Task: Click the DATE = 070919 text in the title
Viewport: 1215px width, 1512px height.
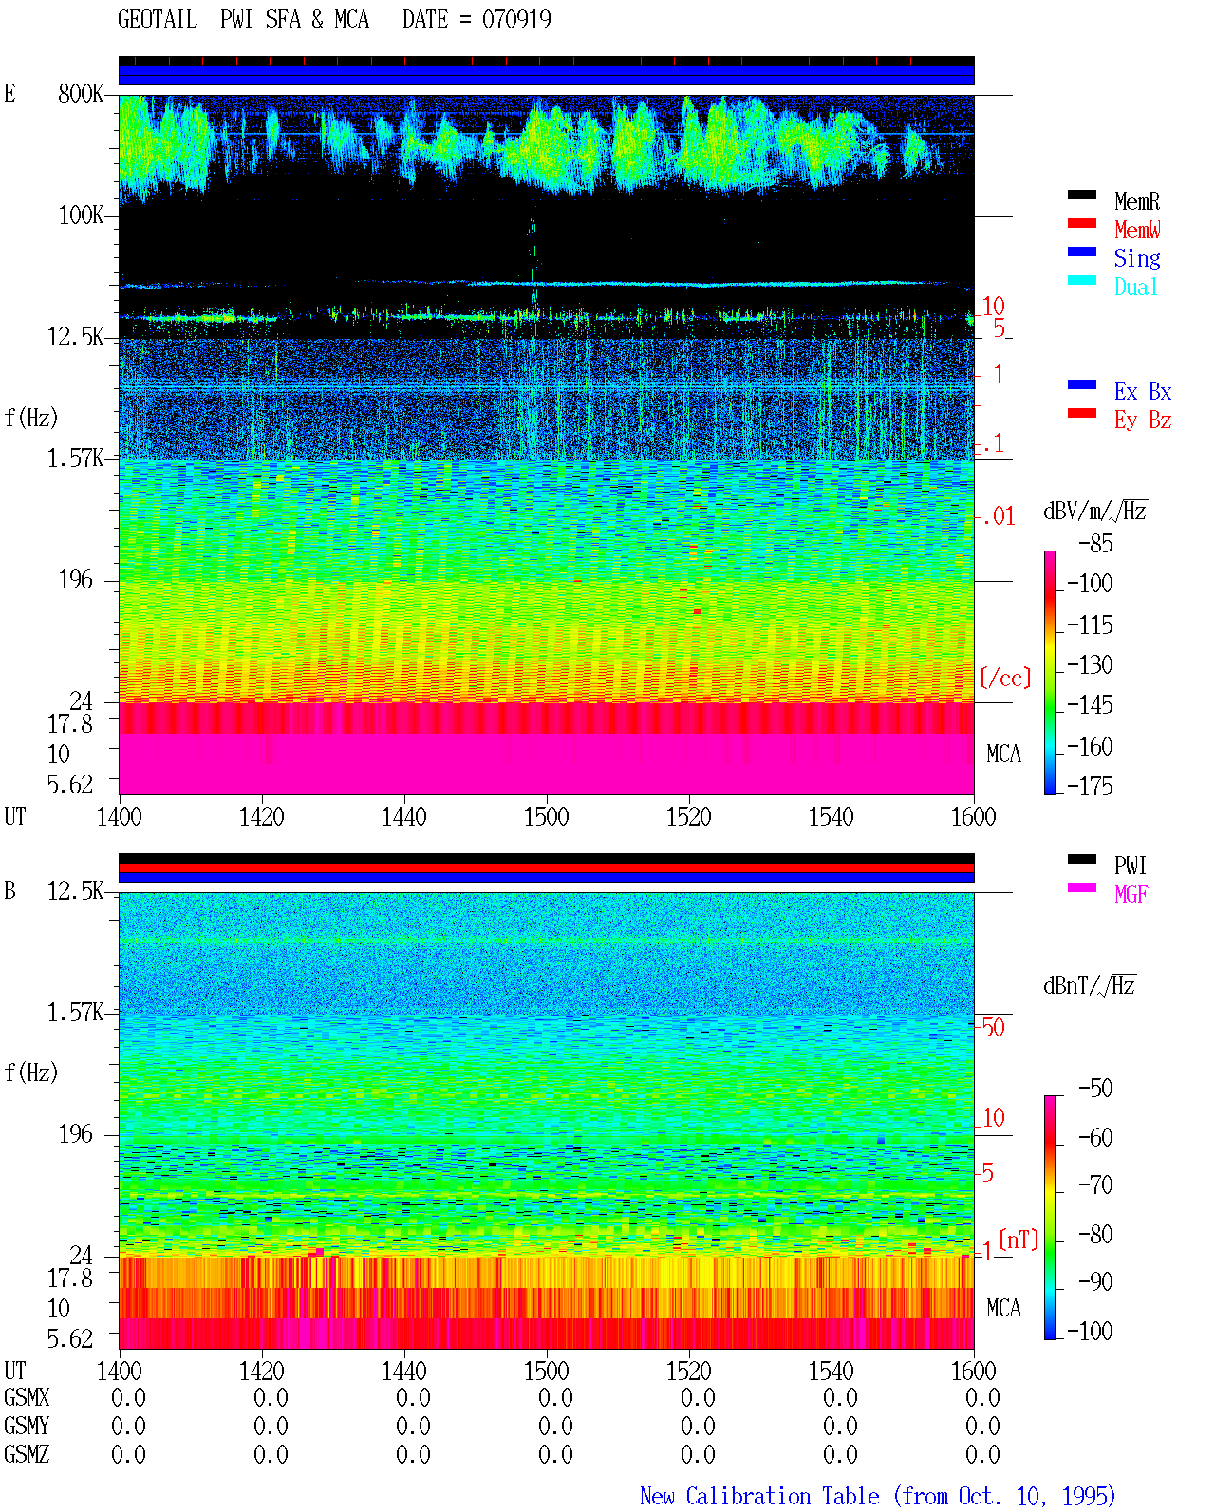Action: [x=477, y=19]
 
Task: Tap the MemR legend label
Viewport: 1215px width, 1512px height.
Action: [x=1136, y=201]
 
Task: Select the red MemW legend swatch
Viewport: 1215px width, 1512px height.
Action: [x=1081, y=223]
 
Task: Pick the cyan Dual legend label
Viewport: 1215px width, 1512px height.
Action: [x=1135, y=287]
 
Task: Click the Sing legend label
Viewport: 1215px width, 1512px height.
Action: [x=1136, y=258]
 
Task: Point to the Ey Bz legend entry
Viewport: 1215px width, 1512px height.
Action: [x=1142, y=420]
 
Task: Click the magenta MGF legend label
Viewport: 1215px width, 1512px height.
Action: [x=1131, y=894]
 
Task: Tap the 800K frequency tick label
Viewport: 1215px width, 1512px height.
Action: [x=80, y=93]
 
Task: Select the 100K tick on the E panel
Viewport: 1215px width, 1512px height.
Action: [x=80, y=215]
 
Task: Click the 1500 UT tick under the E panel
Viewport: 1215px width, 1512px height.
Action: [x=546, y=817]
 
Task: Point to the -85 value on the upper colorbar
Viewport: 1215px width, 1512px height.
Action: [x=1094, y=544]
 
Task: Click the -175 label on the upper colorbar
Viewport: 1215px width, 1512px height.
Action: [x=1089, y=786]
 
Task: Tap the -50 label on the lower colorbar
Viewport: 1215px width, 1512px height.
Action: [x=1094, y=1089]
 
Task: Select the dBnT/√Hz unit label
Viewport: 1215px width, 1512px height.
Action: [x=1089, y=986]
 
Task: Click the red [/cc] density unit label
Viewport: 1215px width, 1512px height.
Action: [x=1005, y=678]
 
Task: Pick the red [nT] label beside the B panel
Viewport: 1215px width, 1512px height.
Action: [x=1019, y=1240]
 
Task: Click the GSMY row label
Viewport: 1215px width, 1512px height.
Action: [x=27, y=1426]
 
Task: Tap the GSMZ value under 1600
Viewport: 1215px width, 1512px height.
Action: [x=982, y=1454]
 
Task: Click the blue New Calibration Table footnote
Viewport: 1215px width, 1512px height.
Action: [x=877, y=1496]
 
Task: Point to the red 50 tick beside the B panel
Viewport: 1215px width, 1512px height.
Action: [x=993, y=1028]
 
